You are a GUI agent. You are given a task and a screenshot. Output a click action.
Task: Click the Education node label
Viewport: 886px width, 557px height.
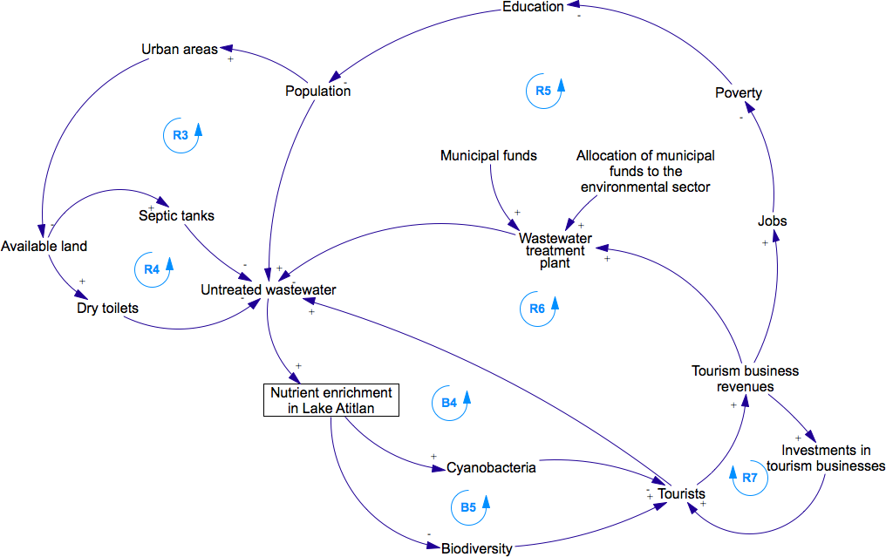(533, 7)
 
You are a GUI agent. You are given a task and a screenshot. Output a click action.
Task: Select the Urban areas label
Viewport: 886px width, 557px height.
(179, 49)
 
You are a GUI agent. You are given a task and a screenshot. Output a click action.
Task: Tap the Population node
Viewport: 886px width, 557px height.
(317, 91)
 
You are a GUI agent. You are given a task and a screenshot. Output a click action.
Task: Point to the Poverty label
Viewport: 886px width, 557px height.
(738, 93)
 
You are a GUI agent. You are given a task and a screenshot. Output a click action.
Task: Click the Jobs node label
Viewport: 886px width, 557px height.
(772, 221)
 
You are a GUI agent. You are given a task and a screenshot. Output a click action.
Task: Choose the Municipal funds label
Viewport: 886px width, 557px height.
(488, 156)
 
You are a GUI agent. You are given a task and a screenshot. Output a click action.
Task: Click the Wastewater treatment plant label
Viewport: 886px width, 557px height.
(555, 249)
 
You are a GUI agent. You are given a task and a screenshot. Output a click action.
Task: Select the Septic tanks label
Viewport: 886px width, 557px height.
(176, 214)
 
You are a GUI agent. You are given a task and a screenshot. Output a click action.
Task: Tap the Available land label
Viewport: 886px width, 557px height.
(44, 246)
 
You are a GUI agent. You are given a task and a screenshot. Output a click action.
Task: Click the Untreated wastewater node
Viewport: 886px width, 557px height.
(268, 289)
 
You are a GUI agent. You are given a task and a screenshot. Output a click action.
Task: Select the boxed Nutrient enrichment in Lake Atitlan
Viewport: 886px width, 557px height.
(331, 400)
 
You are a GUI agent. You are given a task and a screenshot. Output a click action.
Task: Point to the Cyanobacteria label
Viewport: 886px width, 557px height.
(490, 467)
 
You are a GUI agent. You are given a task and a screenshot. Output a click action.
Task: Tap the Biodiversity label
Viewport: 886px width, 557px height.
(476, 548)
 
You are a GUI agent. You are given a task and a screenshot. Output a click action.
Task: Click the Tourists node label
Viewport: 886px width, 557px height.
(681, 494)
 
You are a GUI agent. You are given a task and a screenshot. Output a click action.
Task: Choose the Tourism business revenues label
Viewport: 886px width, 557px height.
(745, 378)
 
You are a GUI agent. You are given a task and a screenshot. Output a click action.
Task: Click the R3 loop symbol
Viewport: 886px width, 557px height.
(181, 135)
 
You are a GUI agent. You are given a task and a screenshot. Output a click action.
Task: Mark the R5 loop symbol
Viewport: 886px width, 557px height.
(543, 90)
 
